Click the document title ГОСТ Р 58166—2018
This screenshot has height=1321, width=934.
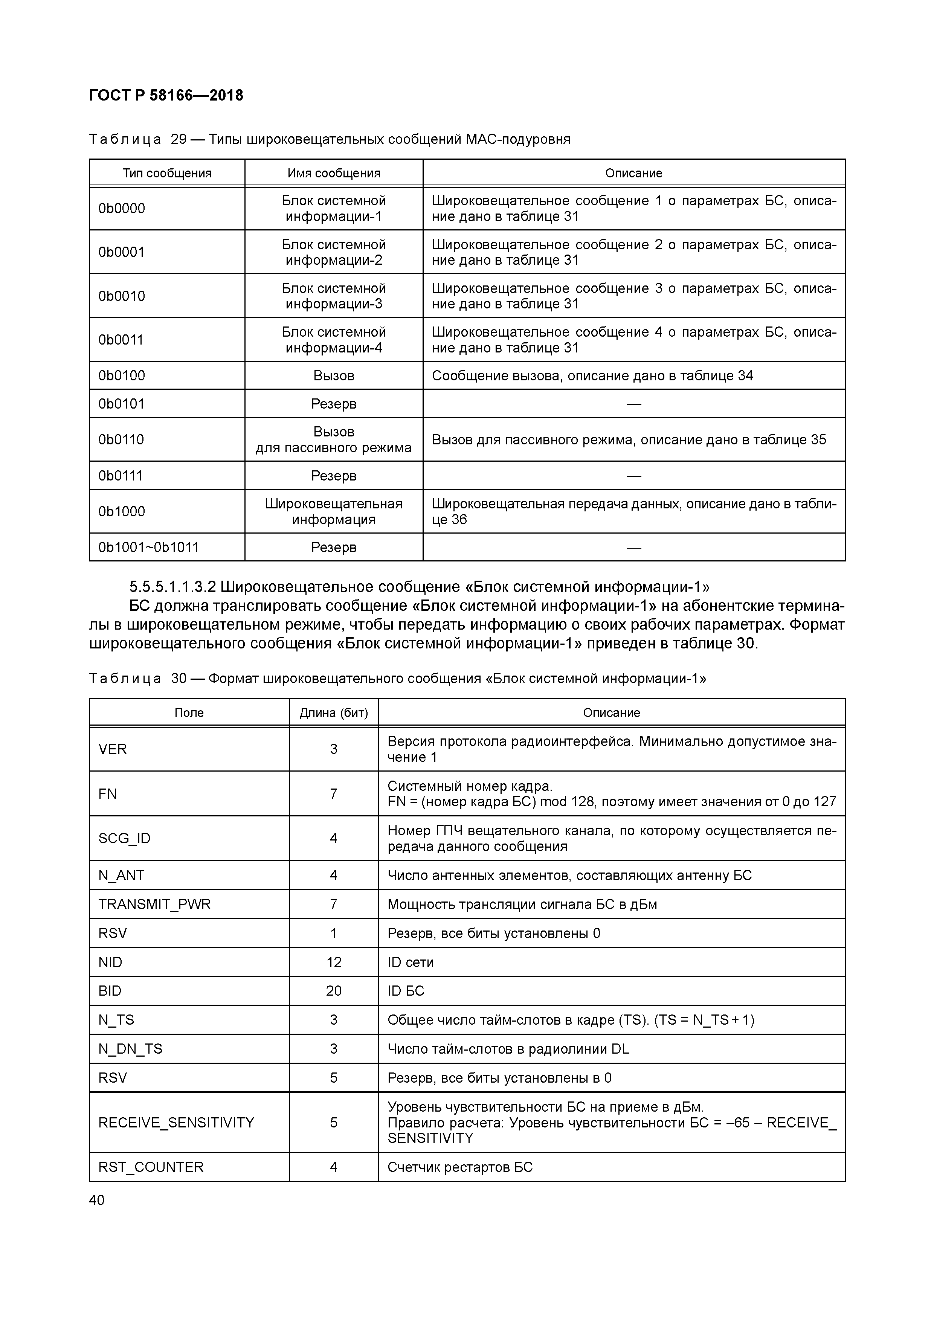point(166,96)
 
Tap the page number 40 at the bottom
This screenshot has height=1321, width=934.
point(97,1200)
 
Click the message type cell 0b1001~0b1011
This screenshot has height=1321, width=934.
point(148,547)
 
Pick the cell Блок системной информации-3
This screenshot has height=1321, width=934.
point(334,296)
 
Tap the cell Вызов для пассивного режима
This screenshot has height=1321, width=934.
point(334,439)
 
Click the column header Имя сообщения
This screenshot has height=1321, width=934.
point(334,173)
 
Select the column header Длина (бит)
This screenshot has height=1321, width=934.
point(333,713)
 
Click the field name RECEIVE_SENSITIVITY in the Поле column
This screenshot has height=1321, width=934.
point(176,1123)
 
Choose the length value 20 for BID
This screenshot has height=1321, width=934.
point(334,991)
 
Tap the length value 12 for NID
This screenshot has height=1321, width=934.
point(334,962)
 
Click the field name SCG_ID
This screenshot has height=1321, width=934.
point(124,838)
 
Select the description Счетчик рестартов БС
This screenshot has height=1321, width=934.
point(460,1167)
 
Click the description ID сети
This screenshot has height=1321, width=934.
point(410,962)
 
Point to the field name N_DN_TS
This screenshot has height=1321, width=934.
point(130,1049)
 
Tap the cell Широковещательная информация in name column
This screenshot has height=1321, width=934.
point(334,511)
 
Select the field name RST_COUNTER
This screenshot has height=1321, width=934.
point(151,1167)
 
